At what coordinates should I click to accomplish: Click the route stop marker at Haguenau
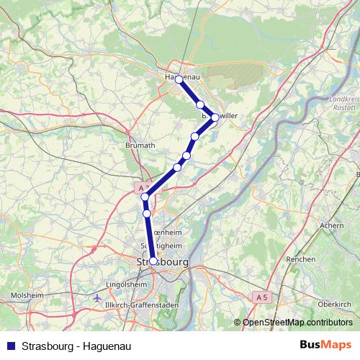click(x=179, y=80)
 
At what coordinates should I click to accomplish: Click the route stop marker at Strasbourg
click(x=153, y=261)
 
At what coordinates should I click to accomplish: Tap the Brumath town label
click(x=140, y=145)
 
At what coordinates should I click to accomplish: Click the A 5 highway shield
click(x=262, y=297)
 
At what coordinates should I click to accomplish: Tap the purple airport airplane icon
click(x=98, y=297)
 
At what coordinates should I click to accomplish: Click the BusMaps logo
click(x=325, y=343)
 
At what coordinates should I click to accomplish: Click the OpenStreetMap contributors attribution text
click(x=297, y=323)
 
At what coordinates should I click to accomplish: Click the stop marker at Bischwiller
click(x=215, y=117)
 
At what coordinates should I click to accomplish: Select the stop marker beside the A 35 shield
click(x=145, y=197)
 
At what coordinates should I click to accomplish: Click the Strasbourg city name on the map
click(x=162, y=263)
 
